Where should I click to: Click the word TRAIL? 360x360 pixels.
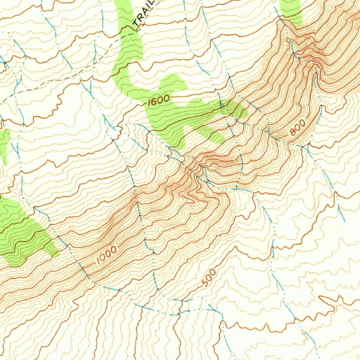(143, 14)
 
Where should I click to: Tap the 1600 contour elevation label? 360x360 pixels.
(159, 100)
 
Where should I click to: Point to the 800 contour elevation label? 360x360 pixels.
(297, 128)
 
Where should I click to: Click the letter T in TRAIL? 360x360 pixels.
(135, 25)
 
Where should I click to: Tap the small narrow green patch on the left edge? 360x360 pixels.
(4, 144)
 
